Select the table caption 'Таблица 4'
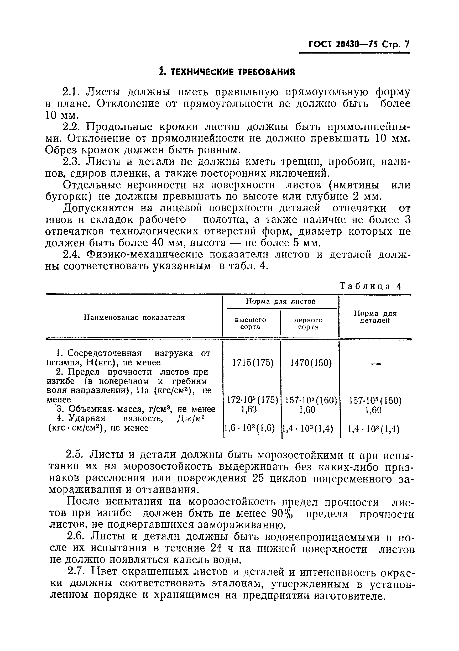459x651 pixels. pos(371,286)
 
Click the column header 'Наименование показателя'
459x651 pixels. pos(134,317)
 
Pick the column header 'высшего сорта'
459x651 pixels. pos(250,323)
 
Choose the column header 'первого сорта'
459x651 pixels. pos(308,323)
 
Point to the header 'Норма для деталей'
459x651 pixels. pos(375,317)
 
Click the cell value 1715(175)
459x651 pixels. pos(253,363)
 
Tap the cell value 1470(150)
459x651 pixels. pos(311,363)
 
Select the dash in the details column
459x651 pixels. pos(375,364)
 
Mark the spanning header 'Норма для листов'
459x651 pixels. pos(280,301)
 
